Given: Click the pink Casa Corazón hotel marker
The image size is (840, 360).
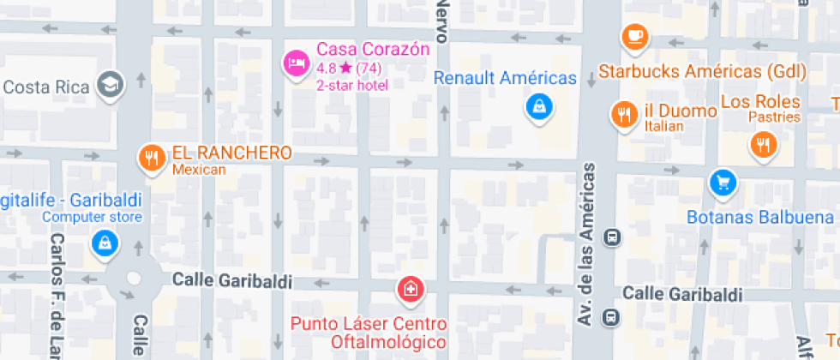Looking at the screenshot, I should pos(296,63).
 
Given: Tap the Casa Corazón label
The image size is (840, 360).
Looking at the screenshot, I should pos(372,49).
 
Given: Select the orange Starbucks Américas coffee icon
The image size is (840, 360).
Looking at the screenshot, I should pos(634,36).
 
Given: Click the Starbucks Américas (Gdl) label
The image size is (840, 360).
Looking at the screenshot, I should pos(702,70).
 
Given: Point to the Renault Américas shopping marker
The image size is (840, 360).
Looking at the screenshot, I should pos(538,106).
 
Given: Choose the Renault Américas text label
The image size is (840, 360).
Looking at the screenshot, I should pos(505,78).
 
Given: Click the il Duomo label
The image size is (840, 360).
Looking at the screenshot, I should pos(681,111).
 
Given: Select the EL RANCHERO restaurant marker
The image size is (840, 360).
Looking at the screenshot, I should pos(153,156).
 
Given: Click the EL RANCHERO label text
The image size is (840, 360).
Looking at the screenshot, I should pos(231,153).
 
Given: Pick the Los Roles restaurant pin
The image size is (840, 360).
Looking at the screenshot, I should pos(762,144).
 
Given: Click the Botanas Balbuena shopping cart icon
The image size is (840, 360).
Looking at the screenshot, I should pos(723,182).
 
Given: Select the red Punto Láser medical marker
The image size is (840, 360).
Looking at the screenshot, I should pos(411,289).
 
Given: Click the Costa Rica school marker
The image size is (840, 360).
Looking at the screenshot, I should pos(111,84).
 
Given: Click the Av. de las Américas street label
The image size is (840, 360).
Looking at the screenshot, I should pos(588,243).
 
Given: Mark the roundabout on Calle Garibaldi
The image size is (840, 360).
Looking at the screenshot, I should pos(134,279).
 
